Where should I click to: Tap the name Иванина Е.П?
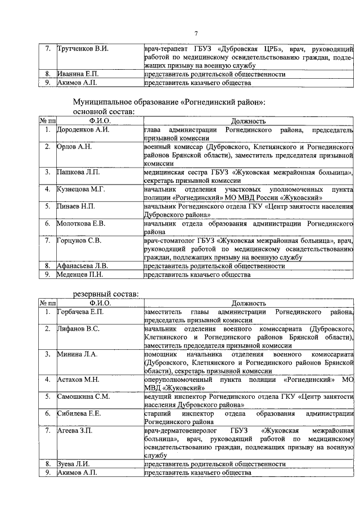pos(78,74)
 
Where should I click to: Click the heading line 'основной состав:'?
pos(104,111)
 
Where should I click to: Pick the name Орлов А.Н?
pos(74,147)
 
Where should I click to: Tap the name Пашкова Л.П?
pos(79,172)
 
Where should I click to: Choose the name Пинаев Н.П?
pos(76,206)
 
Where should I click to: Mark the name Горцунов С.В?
pos(79,241)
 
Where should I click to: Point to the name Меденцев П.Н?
pos(79,274)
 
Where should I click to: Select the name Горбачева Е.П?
pos(81,312)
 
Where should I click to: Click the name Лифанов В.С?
pos(78,328)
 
